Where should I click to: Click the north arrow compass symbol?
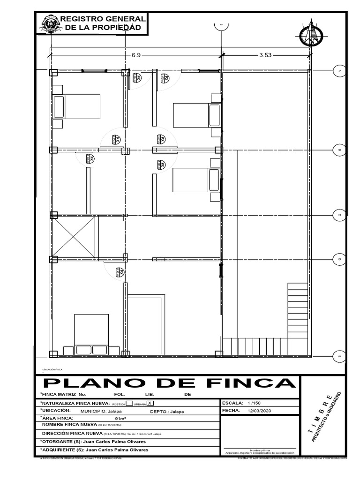[x=310, y=33]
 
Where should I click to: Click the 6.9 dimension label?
[x=136, y=55]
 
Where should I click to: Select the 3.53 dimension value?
[x=265, y=55]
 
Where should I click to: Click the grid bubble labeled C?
[x=339, y=215]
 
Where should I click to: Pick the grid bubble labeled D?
[x=339, y=259]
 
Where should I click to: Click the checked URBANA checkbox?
[x=150, y=403]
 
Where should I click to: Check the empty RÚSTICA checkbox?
[x=129, y=403]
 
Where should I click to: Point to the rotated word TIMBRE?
[x=321, y=409]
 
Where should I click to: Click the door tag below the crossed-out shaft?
[x=120, y=272]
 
